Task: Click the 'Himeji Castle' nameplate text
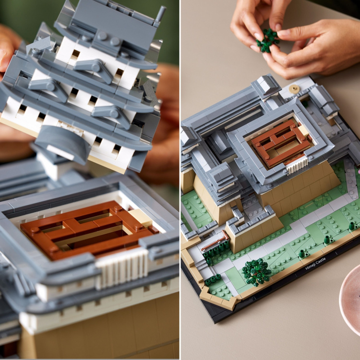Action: coord(315,266)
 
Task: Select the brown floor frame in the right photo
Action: coord(280,144)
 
